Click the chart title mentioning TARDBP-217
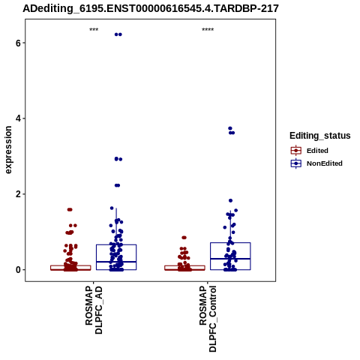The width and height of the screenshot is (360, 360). (151, 9)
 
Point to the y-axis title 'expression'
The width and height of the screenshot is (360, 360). (8, 150)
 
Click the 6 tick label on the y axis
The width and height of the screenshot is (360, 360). (18, 43)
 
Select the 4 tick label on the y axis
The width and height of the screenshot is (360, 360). (18, 118)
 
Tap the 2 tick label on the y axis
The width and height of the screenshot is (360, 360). (18, 194)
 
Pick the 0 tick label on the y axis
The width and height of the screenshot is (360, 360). (18, 270)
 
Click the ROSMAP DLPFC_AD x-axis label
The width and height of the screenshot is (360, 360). (94, 310)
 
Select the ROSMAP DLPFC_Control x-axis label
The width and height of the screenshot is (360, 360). (208, 319)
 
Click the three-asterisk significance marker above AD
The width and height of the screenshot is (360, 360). (94, 30)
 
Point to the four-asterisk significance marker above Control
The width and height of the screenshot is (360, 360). (208, 30)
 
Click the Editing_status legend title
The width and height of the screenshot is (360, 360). (320, 136)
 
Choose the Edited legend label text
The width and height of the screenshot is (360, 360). (317, 151)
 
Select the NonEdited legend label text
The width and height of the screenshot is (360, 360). (325, 163)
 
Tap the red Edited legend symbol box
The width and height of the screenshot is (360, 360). (296, 151)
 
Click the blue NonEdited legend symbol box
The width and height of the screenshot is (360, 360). (296, 163)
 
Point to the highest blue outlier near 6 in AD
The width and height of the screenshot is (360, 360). (118, 34)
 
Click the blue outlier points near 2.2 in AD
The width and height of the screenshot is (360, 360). (117, 185)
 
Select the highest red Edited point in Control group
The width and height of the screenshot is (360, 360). (184, 238)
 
